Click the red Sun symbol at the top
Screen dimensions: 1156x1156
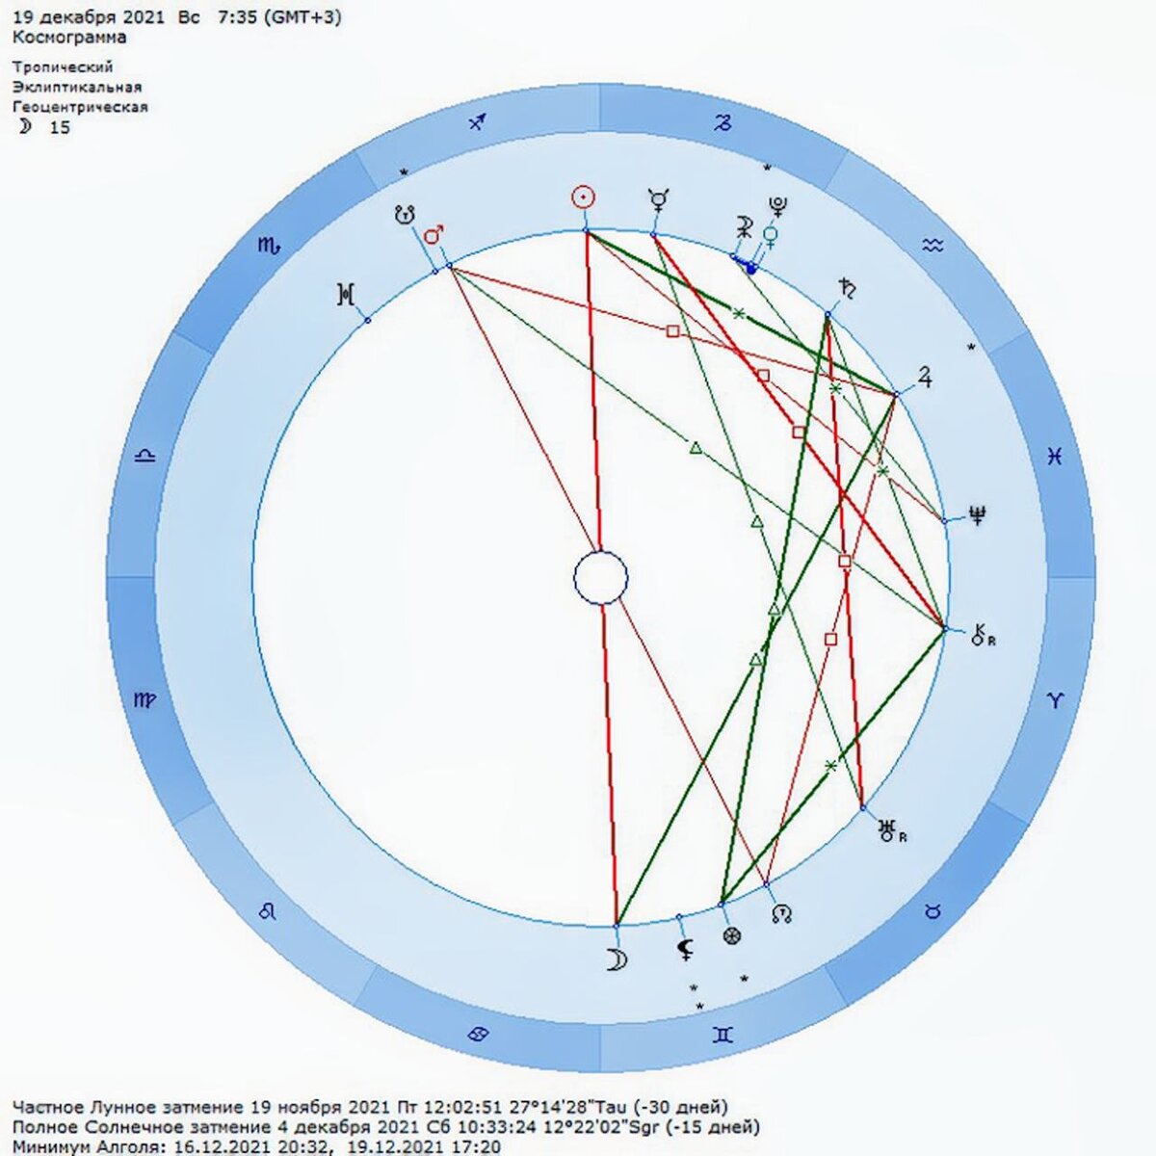tap(583, 197)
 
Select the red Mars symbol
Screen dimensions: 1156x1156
tap(434, 235)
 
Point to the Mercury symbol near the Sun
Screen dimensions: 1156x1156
tap(658, 200)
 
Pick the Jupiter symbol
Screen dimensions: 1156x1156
tap(924, 377)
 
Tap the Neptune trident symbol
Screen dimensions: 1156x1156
tap(978, 516)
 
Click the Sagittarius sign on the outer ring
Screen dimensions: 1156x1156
tap(478, 122)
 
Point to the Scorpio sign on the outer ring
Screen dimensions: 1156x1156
tap(269, 247)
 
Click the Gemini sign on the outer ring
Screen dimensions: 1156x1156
tap(722, 1035)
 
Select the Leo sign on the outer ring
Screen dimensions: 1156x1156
tap(269, 910)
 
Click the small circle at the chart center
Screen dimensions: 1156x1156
tap(600, 579)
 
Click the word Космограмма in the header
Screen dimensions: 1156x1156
tap(69, 38)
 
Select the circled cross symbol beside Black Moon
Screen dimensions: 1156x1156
tap(732, 934)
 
